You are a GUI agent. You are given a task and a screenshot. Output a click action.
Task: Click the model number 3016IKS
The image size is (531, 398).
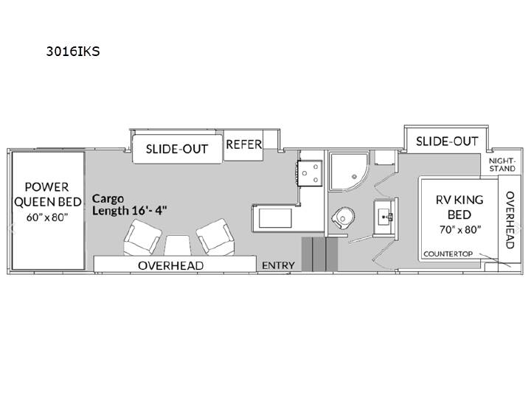tap(73, 51)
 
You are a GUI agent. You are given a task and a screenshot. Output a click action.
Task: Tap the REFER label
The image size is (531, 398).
tap(244, 144)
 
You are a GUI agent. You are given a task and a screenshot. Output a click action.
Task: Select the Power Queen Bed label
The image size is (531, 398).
tap(47, 195)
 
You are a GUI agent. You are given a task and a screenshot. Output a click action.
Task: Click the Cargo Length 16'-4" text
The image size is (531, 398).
tap(129, 204)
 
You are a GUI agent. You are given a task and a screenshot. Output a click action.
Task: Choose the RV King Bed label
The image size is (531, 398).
tap(459, 207)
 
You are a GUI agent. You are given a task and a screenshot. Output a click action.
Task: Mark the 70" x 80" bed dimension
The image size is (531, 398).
tap(460, 230)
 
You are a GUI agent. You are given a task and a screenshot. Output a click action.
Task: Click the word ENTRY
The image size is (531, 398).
tap(278, 265)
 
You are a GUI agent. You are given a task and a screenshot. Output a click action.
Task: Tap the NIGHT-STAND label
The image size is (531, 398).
tap(502, 164)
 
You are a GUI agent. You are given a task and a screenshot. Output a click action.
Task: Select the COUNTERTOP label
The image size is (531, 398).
tap(448, 254)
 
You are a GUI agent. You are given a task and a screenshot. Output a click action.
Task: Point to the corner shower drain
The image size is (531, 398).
tap(354, 176)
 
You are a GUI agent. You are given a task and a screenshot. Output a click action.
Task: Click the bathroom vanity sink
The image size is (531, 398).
tap(385, 217)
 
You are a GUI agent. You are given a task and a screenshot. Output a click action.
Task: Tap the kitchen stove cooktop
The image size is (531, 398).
tap(310, 173)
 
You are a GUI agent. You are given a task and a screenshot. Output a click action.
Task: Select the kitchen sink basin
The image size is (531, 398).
tap(275, 218)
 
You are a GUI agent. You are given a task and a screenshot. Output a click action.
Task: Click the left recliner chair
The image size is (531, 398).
tap(142, 237)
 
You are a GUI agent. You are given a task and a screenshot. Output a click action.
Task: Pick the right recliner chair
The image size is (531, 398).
tap(215, 236)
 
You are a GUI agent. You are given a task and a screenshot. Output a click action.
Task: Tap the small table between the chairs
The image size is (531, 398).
tap(178, 245)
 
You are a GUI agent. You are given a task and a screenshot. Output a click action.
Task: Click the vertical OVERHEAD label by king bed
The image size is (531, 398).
tap(510, 220)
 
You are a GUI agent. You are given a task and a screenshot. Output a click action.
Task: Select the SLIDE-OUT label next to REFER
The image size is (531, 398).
tap(177, 149)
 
